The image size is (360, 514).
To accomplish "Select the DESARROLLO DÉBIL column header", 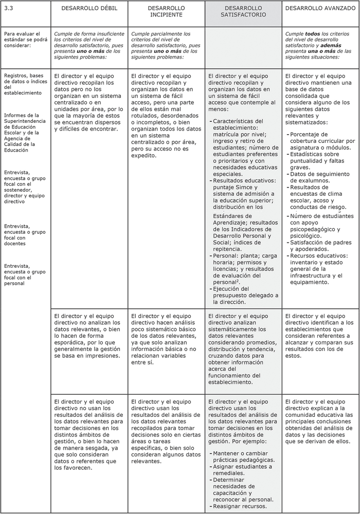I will pyautogui.click(x=89, y=8).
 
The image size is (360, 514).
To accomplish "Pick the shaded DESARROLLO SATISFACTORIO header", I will pyautogui.click(x=243, y=12).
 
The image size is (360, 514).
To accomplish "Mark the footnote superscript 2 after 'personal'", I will pyautogui.click(x=239, y=280).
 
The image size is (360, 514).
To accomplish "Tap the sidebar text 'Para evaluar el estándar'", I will pyautogui.click(x=23, y=39).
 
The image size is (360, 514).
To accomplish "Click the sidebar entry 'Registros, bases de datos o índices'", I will pyautogui.click(x=25, y=84).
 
